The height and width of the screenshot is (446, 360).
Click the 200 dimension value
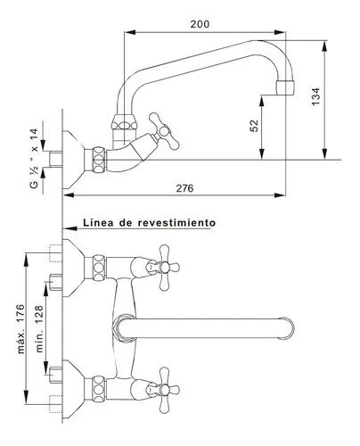[x=200, y=24]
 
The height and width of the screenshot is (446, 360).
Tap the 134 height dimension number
[x=316, y=96]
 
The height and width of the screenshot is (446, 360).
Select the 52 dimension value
[x=254, y=126]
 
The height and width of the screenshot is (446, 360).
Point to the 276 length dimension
[x=184, y=188]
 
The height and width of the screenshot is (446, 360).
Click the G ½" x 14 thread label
[x=34, y=158]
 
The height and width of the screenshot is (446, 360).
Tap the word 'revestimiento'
[x=177, y=222]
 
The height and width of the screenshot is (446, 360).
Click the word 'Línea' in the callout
[x=98, y=222]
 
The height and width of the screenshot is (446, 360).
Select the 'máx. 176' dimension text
[x=20, y=328]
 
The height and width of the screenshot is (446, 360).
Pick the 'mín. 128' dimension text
[x=39, y=329]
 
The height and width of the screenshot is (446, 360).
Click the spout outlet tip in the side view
[x=285, y=87]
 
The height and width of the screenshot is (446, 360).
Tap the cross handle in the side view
[x=164, y=131]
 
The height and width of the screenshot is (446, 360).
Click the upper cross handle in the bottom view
[x=164, y=268]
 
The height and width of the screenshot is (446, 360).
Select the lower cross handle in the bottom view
[x=164, y=390]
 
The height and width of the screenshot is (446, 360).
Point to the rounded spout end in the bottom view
[x=287, y=328]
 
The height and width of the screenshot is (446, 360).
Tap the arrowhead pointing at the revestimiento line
[x=70, y=228]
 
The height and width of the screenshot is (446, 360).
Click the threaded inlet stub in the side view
[x=55, y=160]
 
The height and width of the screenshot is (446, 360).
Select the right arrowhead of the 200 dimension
[x=280, y=32]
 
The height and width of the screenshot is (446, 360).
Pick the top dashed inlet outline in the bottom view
[x=55, y=253]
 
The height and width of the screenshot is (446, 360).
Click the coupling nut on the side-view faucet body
[x=99, y=160]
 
